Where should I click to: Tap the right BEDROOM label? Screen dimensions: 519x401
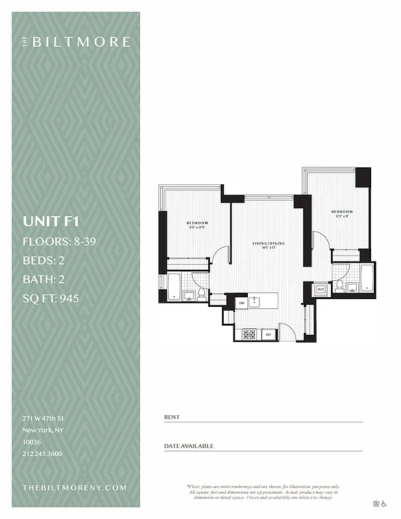341,212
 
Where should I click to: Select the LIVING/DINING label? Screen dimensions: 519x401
269,243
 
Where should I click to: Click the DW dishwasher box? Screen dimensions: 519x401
241,302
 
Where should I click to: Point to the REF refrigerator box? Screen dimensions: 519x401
268,334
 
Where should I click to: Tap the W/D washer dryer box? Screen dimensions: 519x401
321,289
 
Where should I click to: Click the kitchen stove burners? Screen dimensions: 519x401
249,334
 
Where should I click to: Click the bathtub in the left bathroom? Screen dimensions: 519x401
174,286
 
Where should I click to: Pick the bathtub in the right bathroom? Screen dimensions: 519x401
367,277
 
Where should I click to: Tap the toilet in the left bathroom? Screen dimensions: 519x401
201,294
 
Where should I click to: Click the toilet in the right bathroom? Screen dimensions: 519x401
338,286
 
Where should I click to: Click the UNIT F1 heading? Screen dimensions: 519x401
51,221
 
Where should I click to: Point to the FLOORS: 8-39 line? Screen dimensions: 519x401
60,242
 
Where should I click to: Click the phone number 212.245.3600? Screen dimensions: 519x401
42,453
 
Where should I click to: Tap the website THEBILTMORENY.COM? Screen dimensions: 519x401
74,487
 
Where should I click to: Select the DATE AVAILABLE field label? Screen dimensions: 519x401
188,446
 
